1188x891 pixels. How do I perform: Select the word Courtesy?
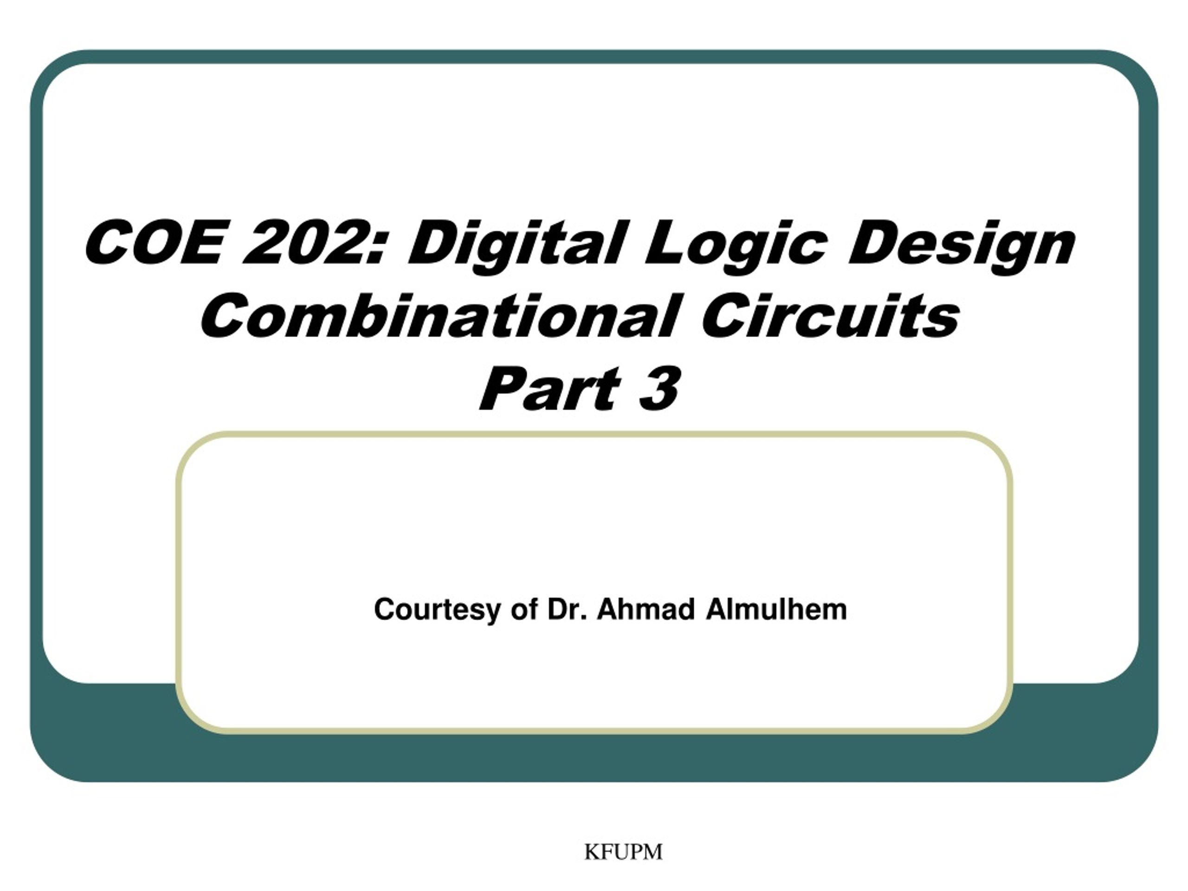click(437, 610)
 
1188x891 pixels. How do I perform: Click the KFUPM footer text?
click(623, 852)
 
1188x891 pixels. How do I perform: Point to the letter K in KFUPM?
click(591, 852)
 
